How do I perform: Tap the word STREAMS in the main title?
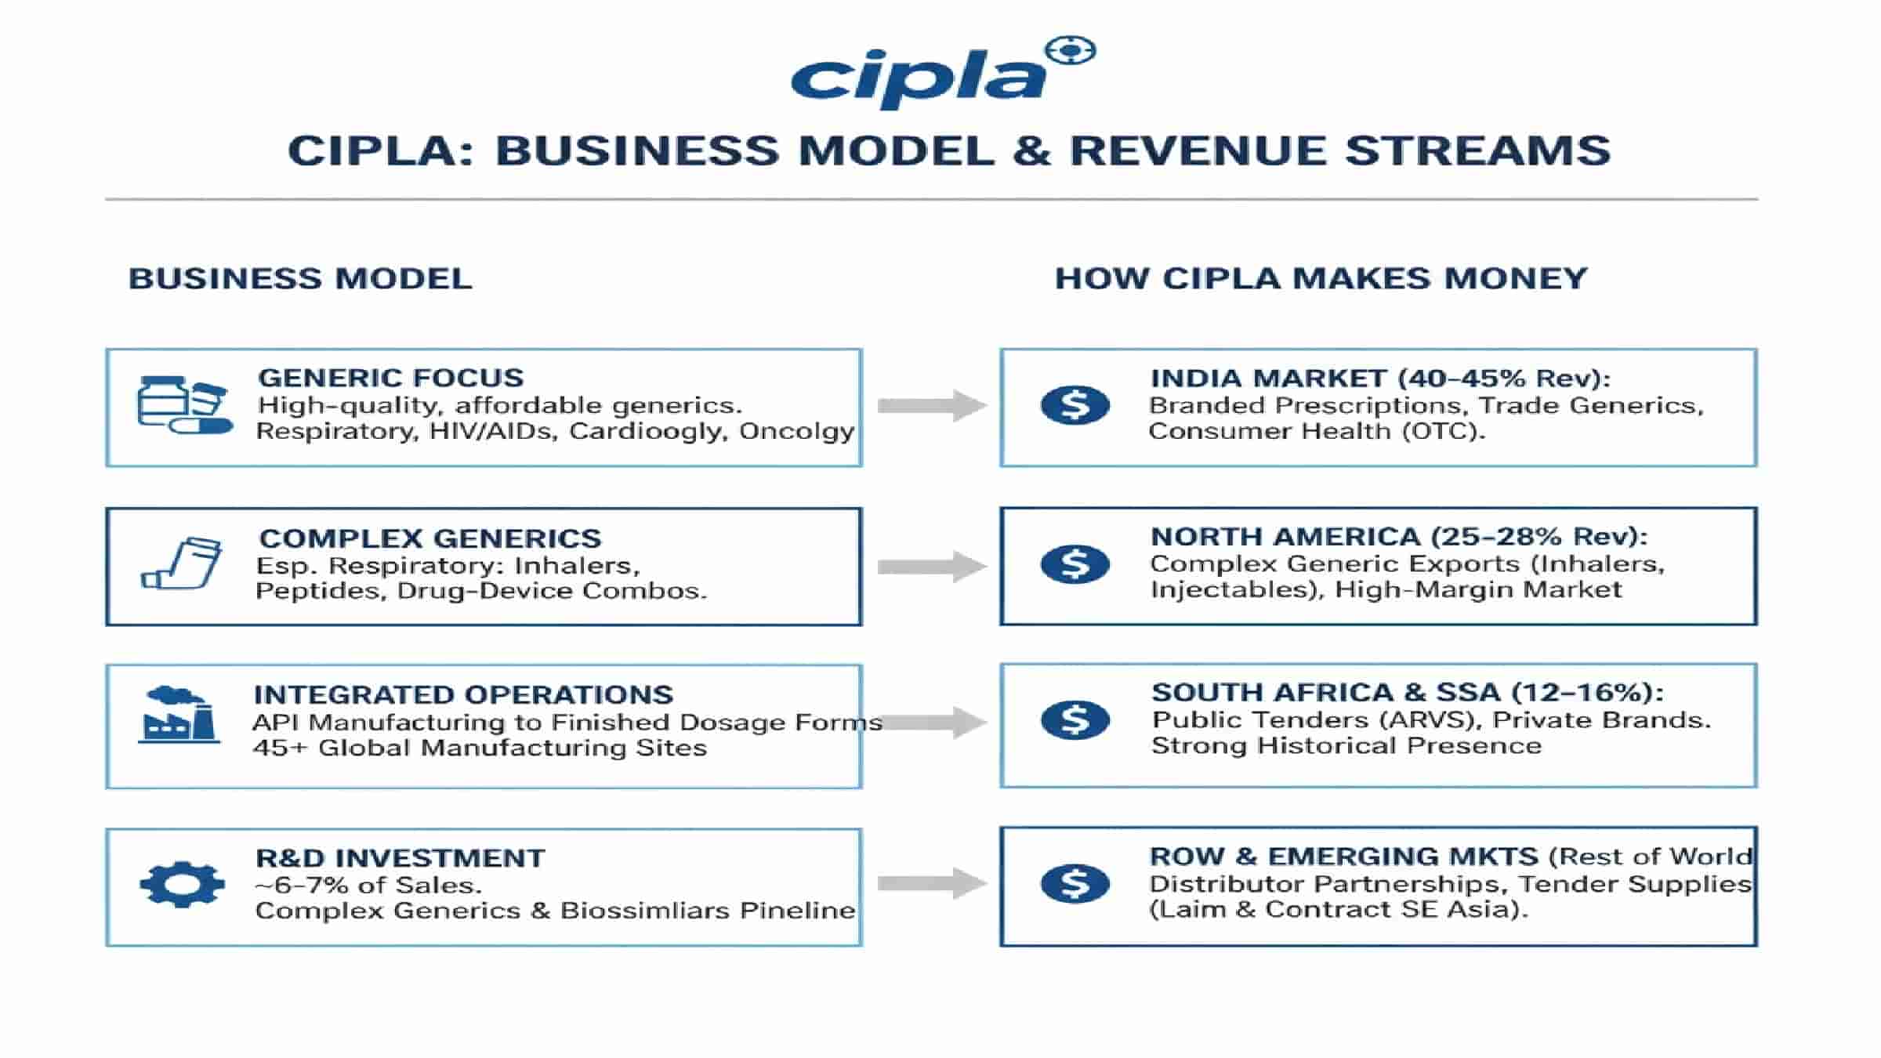pyautogui.click(x=1477, y=150)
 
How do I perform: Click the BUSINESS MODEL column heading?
pyautogui.click(x=300, y=279)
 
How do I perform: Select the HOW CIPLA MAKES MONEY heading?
pyautogui.click(x=1321, y=279)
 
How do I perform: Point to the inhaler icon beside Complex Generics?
pyautogui.click(x=182, y=563)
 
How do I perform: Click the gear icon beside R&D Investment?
pyautogui.click(x=182, y=884)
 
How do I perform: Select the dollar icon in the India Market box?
pyautogui.click(x=1075, y=405)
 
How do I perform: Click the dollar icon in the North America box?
pyautogui.click(x=1075, y=563)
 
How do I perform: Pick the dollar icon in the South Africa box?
pyautogui.click(x=1075, y=719)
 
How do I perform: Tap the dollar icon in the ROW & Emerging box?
pyautogui.click(x=1075, y=883)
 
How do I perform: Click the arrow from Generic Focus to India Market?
pyautogui.click(x=931, y=405)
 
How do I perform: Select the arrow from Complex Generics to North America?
pyautogui.click(x=931, y=566)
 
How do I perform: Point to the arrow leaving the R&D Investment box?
pyautogui.click(x=931, y=883)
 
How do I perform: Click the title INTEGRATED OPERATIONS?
pyautogui.click(x=463, y=695)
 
